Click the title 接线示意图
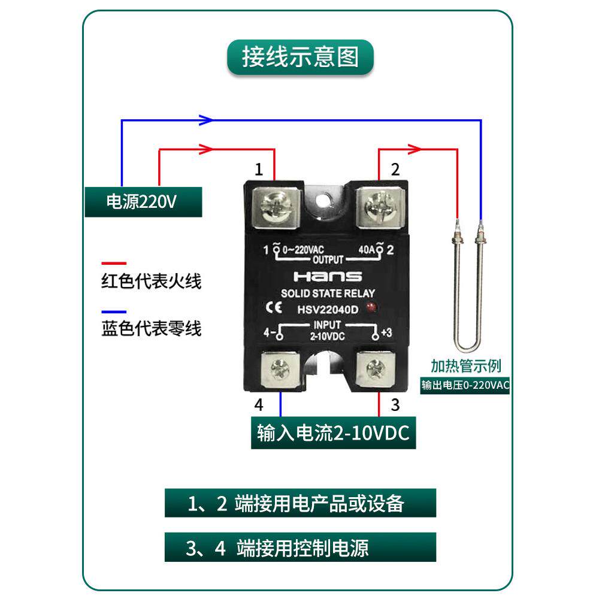[x=300, y=58]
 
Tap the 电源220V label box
[x=143, y=202]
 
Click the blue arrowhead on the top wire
[x=206, y=120]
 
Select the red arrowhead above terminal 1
[x=206, y=148]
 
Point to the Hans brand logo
[x=327, y=277]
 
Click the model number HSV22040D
[x=327, y=309]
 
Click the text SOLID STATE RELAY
[x=327, y=294]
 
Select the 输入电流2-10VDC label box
[x=333, y=434]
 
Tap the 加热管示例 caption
[x=466, y=365]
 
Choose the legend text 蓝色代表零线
[x=152, y=329]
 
